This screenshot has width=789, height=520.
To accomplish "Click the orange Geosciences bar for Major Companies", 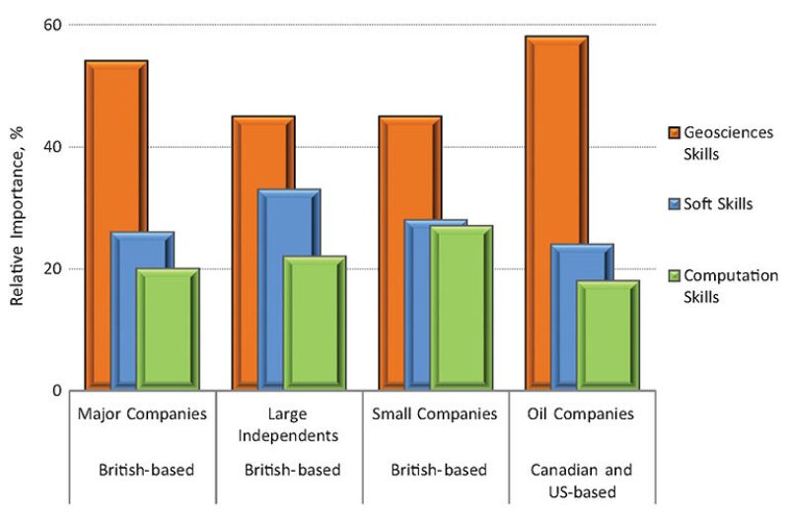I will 99,217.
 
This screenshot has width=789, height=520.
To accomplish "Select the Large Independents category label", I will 290,424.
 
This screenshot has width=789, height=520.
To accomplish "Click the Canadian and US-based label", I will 581,480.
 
